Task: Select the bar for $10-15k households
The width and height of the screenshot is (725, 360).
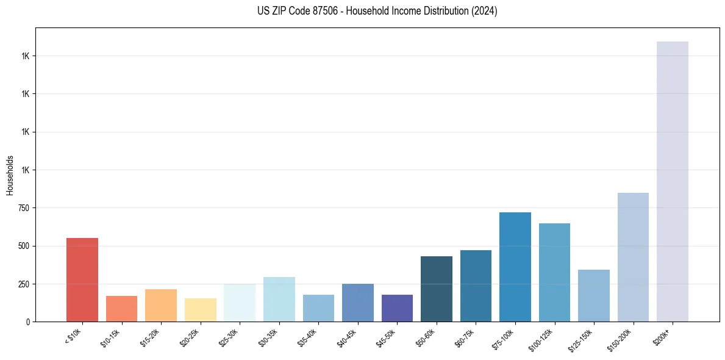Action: tap(121, 309)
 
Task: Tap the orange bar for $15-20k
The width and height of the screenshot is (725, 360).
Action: tap(161, 305)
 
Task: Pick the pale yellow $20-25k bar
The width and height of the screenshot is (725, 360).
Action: tap(201, 310)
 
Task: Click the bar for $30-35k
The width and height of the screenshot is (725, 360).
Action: tap(279, 299)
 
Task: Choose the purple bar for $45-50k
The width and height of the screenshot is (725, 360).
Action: tap(397, 308)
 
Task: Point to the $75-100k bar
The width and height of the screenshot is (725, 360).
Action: tap(515, 267)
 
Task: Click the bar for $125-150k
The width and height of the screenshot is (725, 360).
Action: tap(594, 295)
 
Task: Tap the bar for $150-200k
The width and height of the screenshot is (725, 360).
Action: tap(633, 257)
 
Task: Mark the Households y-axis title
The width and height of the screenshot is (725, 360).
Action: tap(10, 175)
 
